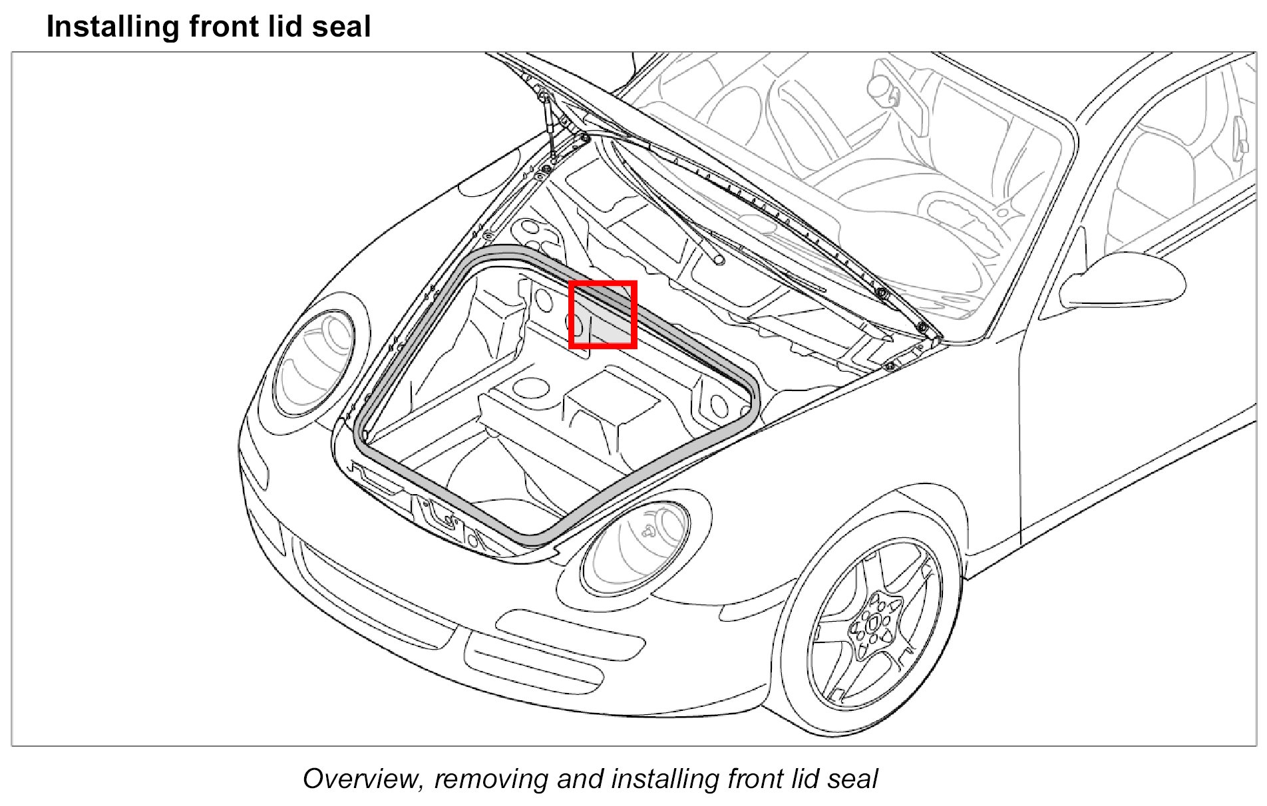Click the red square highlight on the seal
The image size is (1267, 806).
click(603, 315)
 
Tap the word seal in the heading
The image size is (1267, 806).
click(341, 27)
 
